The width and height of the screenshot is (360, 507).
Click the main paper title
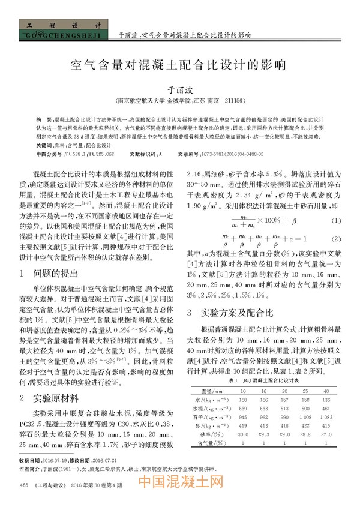pyautogui.click(x=179, y=64)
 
